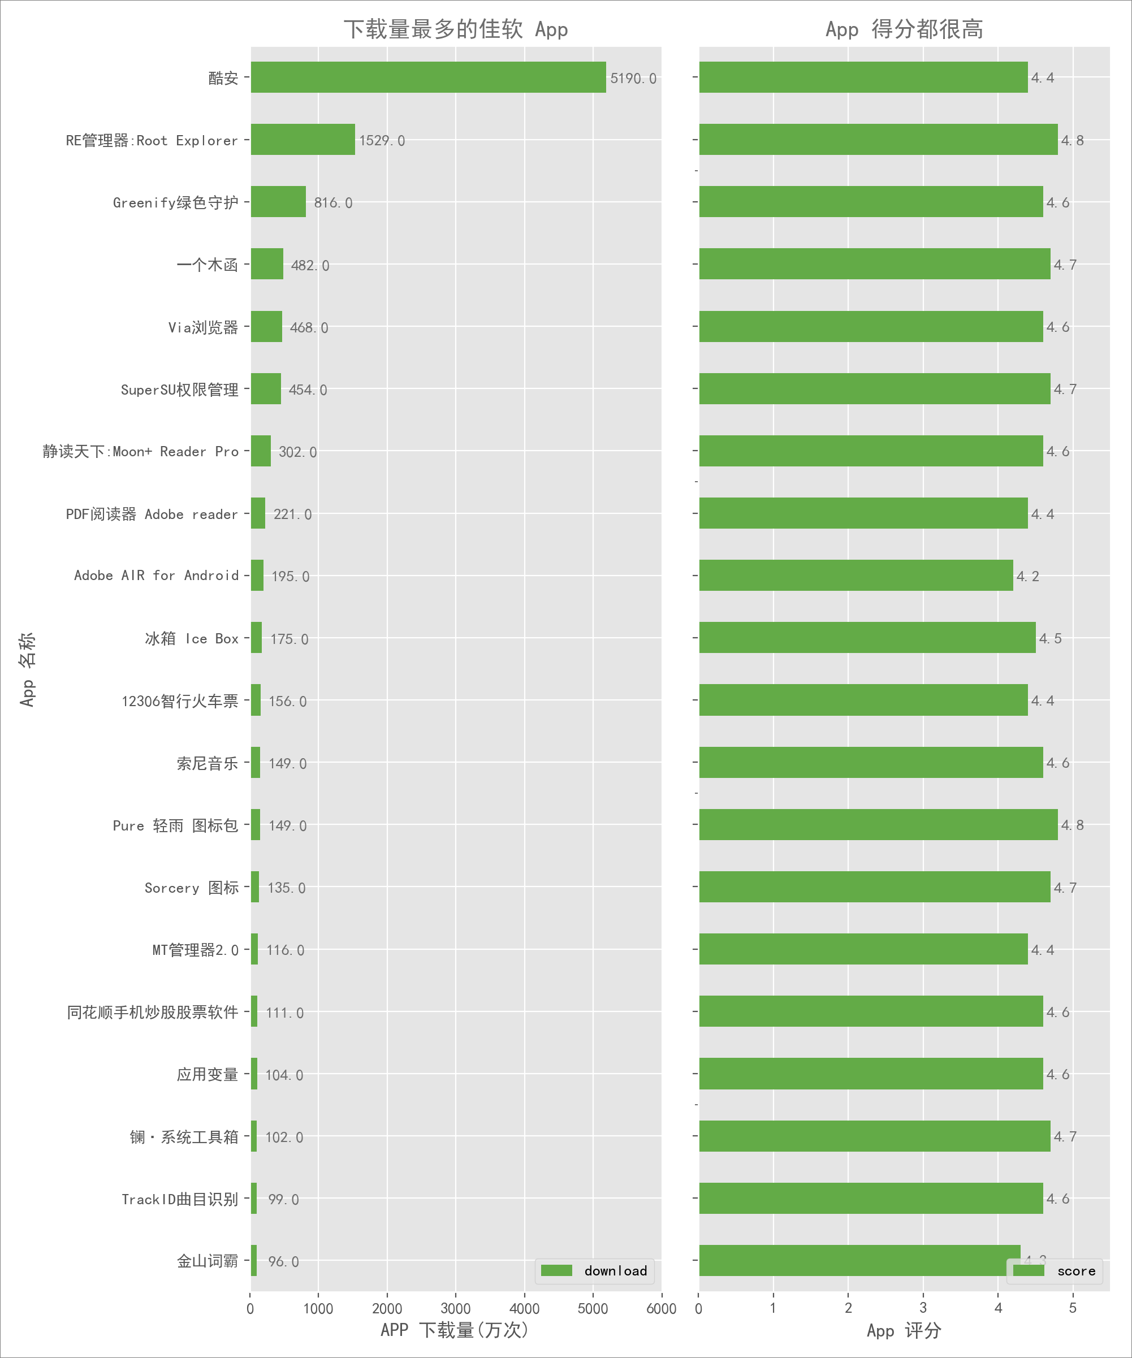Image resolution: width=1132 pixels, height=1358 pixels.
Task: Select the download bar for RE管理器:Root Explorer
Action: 303,140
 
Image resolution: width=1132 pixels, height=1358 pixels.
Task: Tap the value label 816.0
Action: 333,203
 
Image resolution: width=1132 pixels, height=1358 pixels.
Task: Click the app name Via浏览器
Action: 203,327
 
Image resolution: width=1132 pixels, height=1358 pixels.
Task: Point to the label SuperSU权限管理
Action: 179,390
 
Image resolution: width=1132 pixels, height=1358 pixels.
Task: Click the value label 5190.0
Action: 633,78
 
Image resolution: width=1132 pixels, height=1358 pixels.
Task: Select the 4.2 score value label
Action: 1027,576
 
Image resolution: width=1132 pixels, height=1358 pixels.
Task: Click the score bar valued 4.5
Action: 867,638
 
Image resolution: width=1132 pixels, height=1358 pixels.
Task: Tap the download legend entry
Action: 594,1271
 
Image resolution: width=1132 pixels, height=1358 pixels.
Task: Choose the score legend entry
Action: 1055,1271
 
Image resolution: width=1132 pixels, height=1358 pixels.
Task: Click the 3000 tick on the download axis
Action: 455,1308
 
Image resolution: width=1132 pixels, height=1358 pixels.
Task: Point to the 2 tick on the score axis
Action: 848,1308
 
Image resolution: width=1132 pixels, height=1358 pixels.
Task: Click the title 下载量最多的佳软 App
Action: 455,29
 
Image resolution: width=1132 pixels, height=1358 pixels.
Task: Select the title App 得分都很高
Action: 904,29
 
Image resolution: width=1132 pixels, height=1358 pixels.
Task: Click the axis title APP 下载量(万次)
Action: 455,1330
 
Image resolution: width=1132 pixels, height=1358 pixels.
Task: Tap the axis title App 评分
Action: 904,1330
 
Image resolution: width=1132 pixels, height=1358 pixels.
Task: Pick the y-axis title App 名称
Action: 27,669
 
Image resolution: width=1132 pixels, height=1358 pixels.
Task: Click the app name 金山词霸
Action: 207,1261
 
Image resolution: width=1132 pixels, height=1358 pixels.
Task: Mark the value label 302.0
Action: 297,452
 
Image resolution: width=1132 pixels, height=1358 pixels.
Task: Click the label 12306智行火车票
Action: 180,701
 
